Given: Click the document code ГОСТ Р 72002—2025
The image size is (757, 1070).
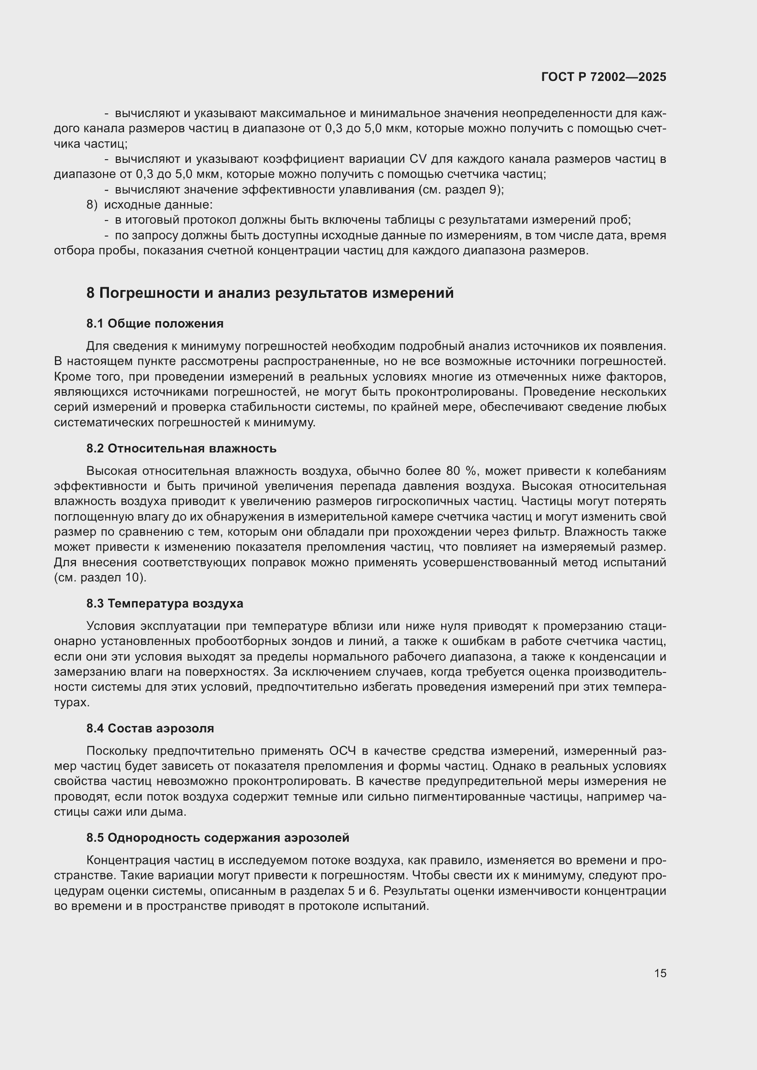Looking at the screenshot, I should click(604, 77).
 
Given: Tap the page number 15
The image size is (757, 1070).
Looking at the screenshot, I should click(660, 973).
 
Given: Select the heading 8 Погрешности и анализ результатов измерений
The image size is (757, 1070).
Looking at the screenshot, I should click(270, 293).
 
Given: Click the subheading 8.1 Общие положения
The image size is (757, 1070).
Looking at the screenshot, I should click(155, 323).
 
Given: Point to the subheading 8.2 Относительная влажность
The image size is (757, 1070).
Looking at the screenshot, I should click(181, 448).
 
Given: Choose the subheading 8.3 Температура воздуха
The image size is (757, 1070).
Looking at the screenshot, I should click(165, 603).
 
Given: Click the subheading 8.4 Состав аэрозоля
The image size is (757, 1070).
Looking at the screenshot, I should click(150, 728).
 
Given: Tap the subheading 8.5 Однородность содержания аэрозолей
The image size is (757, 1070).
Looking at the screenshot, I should click(218, 838).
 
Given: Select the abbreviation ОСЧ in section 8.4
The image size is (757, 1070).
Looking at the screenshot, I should click(343, 751).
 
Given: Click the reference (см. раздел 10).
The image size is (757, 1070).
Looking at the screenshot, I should click(100, 577).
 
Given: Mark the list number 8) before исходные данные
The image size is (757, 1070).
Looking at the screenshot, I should click(92, 204).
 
